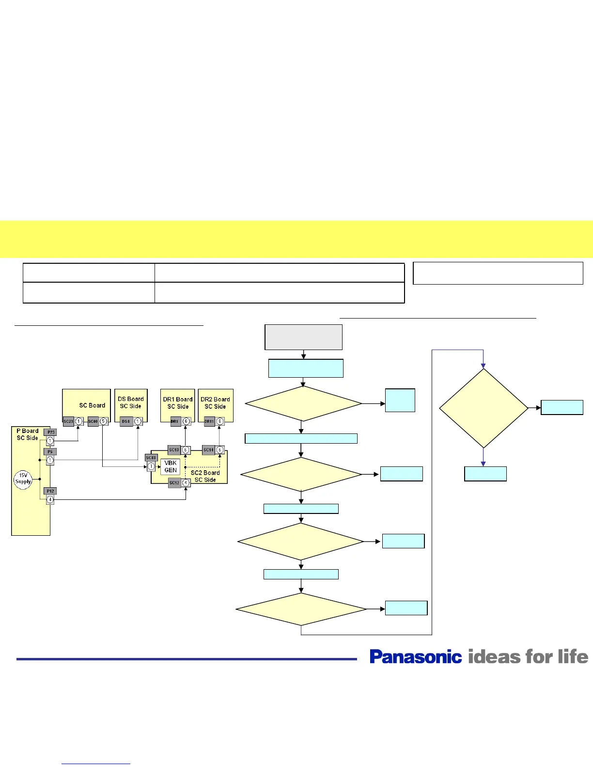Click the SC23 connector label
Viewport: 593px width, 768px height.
(x=68, y=422)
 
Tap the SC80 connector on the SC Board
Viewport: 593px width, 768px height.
(x=93, y=422)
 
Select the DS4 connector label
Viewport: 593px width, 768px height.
(x=126, y=422)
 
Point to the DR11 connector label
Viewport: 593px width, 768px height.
(x=209, y=422)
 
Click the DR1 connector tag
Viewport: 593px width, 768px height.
(x=175, y=422)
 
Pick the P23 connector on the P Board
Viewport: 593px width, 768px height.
(x=50, y=432)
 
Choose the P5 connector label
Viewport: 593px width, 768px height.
(x=50, y=451)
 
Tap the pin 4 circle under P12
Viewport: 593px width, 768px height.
(x=50, y=499)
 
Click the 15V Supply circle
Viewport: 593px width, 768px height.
(x=23, y=479)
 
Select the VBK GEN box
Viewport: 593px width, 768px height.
(x=170, y=466)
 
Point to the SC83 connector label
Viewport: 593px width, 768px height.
(x=151, y=458)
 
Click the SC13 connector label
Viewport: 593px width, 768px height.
(x=174, y=450)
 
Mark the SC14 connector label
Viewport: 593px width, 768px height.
(x=208, y=450)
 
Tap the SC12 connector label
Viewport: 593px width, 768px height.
(x=174, y=483)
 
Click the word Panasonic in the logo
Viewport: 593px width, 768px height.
(x=416, y=657)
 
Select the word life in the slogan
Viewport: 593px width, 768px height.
(x=573, y=657)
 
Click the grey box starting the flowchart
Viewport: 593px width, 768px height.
(x=303, y=337)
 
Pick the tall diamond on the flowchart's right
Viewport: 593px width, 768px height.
(x=483, y=408)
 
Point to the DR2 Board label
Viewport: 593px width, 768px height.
(x=215, y=400)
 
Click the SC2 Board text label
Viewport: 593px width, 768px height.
(x=205, y=473)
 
